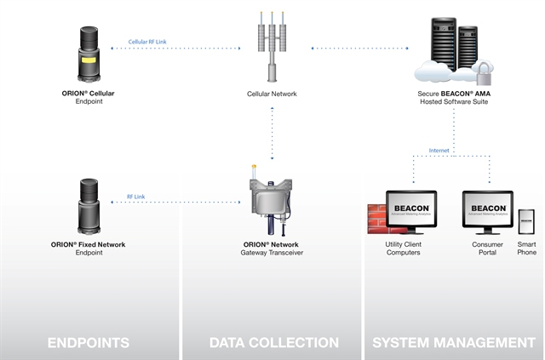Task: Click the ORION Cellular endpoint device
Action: click(x=89, y=53)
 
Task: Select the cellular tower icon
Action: click(x=271, y=47)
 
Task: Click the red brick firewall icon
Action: click(x=375, y=220)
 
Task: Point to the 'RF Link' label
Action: click(x=136, y=196)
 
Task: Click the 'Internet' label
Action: click(x=439, y=151)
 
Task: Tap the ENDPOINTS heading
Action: click(x=89, y=343)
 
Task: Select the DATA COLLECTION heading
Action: click(x=273, y=343)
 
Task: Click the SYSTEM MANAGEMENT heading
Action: click(x=454, y=343)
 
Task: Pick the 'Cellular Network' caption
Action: click(x=272, y=94)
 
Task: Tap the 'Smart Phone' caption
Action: click(x=525, y=249)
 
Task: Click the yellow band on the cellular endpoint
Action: click(x=89, y=60)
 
